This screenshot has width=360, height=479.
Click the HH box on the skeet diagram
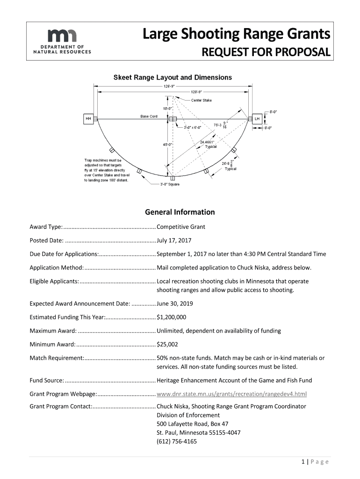pos(88,119)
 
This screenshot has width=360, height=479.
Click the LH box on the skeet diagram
pos(257,119)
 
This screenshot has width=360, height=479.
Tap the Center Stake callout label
pos(201,100)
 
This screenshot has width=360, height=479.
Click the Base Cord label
pos(149,116)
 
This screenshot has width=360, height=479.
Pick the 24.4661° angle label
pos(207,142)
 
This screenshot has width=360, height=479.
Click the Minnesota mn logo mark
pos(63,35)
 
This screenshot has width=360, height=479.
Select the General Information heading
pos(180,212)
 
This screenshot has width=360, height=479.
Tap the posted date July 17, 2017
pos(174,240)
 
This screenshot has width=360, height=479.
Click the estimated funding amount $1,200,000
pos(172,317)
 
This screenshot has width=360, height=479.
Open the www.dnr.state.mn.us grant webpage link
pos(232,394)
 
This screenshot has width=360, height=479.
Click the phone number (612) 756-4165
pos(177,441)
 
